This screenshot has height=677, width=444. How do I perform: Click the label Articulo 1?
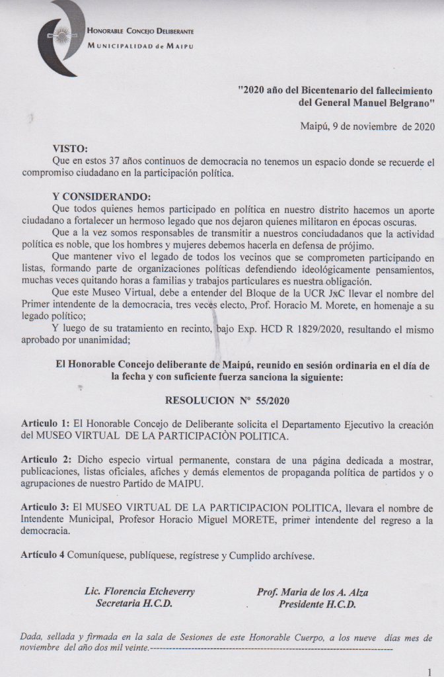[x=45, y=423]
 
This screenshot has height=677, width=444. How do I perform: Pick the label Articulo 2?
[x=45, y=459]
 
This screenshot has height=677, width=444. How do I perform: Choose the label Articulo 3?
[x=45, y=508]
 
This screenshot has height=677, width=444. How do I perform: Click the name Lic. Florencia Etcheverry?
[x=140, y=592]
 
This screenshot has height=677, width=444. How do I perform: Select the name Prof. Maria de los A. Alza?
[x=313, y=592]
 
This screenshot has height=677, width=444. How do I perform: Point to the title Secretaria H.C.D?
[x=135, y=604]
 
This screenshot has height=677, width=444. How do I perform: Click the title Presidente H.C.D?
[x=317, y=604]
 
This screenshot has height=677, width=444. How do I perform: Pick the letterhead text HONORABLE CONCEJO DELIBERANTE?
[x=141, y=31]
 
